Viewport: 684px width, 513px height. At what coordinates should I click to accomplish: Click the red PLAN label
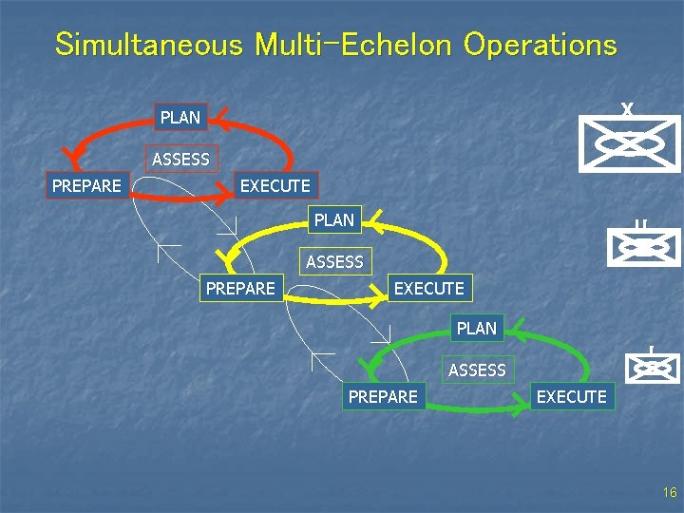[x=180, y=118]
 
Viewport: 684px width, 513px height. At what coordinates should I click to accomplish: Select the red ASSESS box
[x=180, y=159]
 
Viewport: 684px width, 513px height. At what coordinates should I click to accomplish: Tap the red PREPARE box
[x=86, y=185]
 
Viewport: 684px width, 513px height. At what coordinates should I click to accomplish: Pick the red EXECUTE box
[x=275, y=185]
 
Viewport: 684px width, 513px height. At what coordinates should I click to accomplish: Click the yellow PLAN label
[x=333, y=219]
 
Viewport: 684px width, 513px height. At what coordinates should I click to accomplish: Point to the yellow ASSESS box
[x=334, y=260]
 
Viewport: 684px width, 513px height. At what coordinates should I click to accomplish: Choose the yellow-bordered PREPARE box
[x=240, y=287]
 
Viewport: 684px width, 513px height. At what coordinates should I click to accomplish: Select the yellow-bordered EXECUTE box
[x=428, y=287]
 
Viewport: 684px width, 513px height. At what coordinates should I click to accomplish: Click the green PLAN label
[x=476, y=328]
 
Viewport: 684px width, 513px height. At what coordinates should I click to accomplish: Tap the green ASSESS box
[x=477, y=370]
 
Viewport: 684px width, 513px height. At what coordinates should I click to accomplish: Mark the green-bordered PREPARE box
[x=383, y=396]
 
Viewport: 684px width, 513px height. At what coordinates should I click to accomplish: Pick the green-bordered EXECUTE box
[x=571, y=396]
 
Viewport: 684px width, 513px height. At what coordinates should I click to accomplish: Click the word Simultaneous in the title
[x=152, y=45]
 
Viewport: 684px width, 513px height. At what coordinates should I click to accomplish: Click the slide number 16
[x=670, y=492]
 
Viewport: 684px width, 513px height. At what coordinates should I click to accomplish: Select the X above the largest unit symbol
[x=627, y=110]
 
